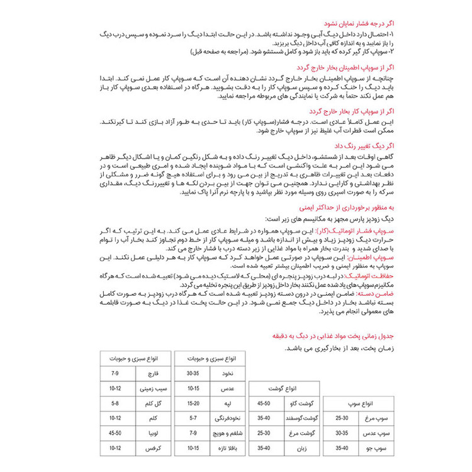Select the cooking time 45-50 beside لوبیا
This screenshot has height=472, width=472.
pyautogui.click(x=115, y=434)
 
